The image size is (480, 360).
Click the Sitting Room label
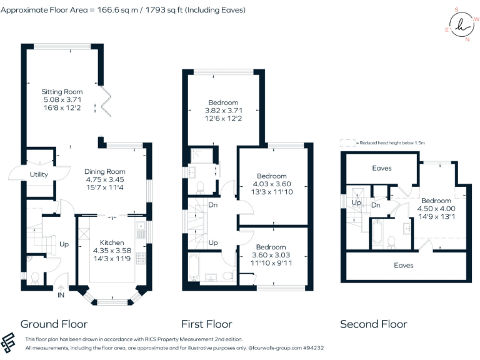[62, 92]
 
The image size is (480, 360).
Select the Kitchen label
[112, 242]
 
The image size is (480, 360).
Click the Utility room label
[39, 174]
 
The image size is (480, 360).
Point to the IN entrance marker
[61, 295]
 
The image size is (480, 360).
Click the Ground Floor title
[54, 324]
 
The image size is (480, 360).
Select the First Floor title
[206, 324]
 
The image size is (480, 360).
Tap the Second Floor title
[373, 324]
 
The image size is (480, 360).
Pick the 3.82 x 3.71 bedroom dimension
[223, 111]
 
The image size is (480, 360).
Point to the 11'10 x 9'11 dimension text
[271, 263]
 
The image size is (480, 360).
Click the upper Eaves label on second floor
[381, 168]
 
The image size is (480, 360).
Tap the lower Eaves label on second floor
[403, 265]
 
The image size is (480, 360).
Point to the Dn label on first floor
[212, 205]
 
